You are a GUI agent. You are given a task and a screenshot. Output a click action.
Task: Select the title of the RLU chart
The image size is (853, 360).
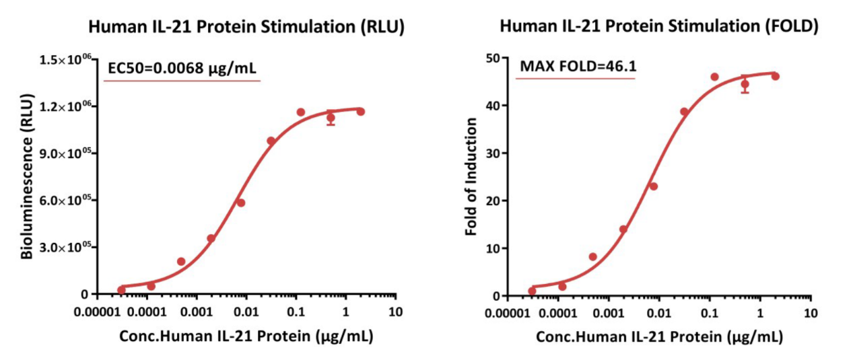point(246,28)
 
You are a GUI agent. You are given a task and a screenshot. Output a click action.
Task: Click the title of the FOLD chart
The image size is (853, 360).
point(659,27)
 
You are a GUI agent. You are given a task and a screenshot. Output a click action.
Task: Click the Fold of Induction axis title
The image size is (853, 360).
point(471,177)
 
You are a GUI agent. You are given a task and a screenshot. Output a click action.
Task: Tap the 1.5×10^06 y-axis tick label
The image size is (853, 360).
point(65,61)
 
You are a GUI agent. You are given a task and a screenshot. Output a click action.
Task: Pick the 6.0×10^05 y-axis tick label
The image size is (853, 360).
point(65,201)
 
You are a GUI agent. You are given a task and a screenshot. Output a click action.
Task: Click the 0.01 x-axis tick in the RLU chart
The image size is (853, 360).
point(246,313)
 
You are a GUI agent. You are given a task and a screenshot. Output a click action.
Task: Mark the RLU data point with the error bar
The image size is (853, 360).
point(331,118)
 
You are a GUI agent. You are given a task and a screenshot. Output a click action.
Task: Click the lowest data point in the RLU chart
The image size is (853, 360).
point(121,290)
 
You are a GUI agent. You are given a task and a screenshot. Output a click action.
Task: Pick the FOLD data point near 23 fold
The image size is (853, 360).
point(653,186)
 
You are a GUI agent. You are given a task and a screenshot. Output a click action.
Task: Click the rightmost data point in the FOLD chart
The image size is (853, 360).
point(775,77)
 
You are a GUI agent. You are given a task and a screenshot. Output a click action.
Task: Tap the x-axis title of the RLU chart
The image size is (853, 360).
point(246,336)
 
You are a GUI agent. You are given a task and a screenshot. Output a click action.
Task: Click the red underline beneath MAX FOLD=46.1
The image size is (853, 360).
point(576,79)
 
